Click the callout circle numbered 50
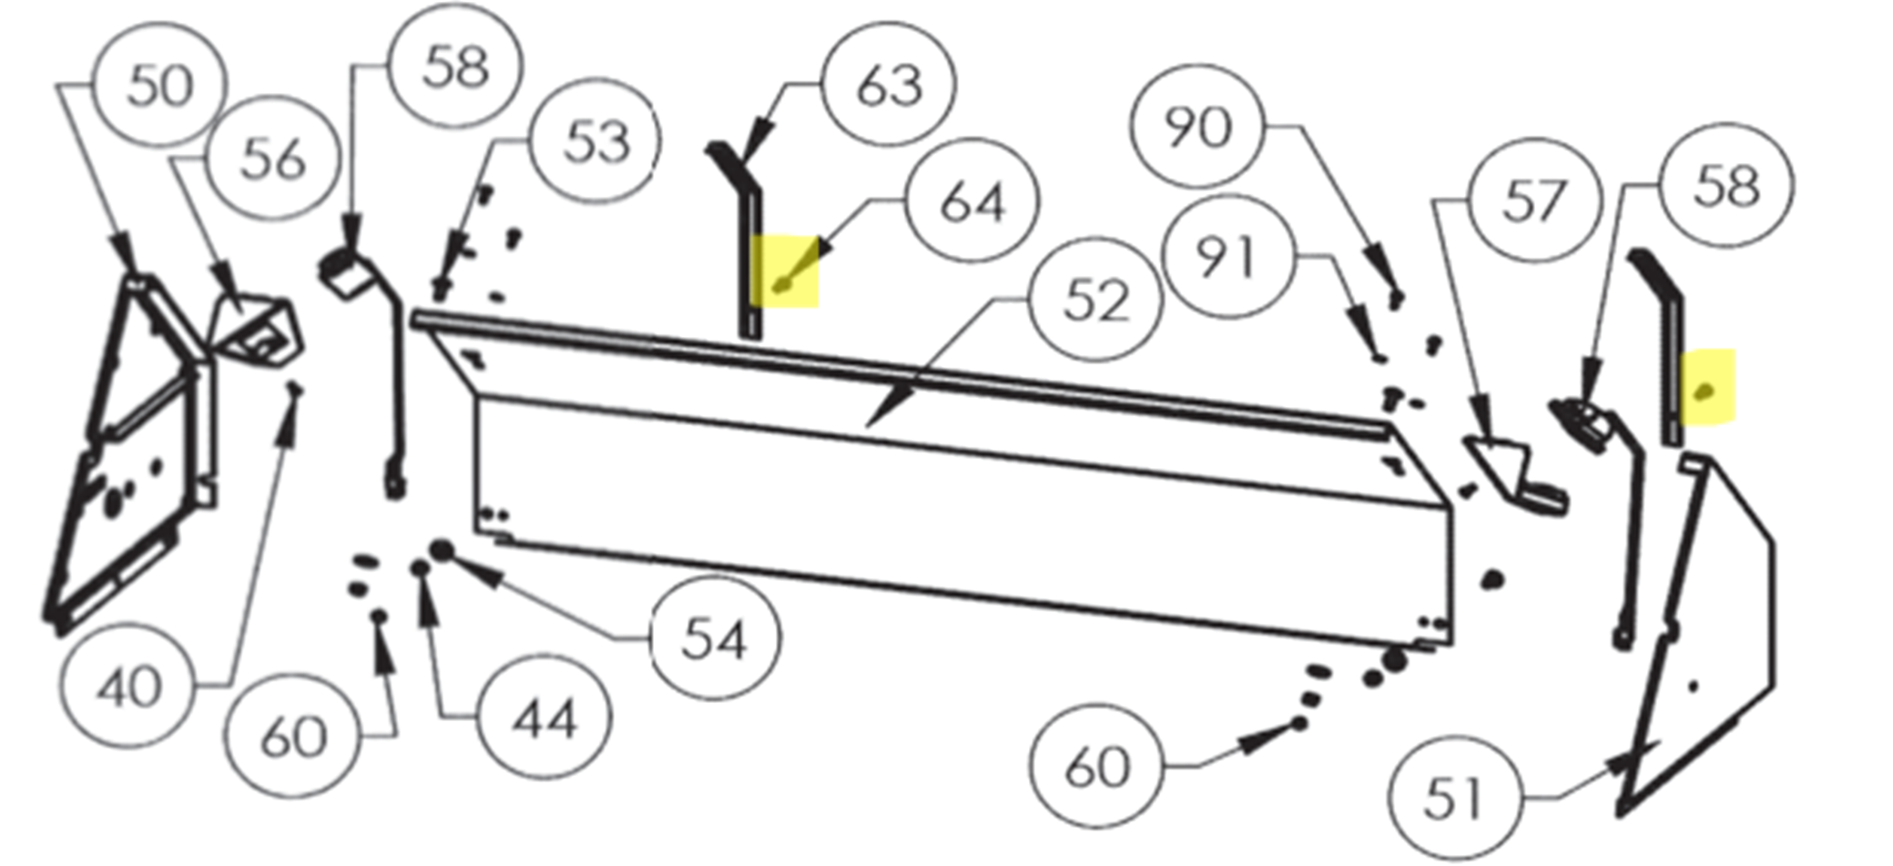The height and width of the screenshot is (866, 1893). (x=160, y=85)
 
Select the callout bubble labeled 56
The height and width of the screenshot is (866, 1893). (x=272, y=158)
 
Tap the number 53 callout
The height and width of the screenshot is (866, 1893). (x=596, y=141)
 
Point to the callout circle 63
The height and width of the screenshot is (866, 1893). (x=889, y=84)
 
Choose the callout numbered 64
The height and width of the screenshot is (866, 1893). (x=972, y=200)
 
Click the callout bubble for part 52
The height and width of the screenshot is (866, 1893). (x=1095, y=300)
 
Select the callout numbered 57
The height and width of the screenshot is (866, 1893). (x=1533, y=199)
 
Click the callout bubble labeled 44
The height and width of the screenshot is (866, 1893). (x=544, y=718)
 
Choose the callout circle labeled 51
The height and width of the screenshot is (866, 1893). (x=1454, y=798)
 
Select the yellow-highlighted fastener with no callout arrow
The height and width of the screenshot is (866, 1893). (x=1706, y=392)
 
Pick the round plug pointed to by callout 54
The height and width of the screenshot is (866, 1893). (x=442, y=550)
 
